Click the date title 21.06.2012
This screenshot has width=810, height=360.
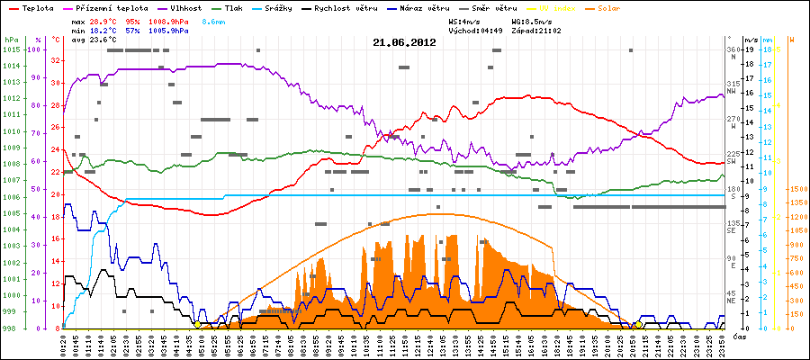tap(404, 41)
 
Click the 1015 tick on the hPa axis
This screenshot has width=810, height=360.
tap(11, 49)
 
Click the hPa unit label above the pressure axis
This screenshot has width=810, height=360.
tap(11, 40)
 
